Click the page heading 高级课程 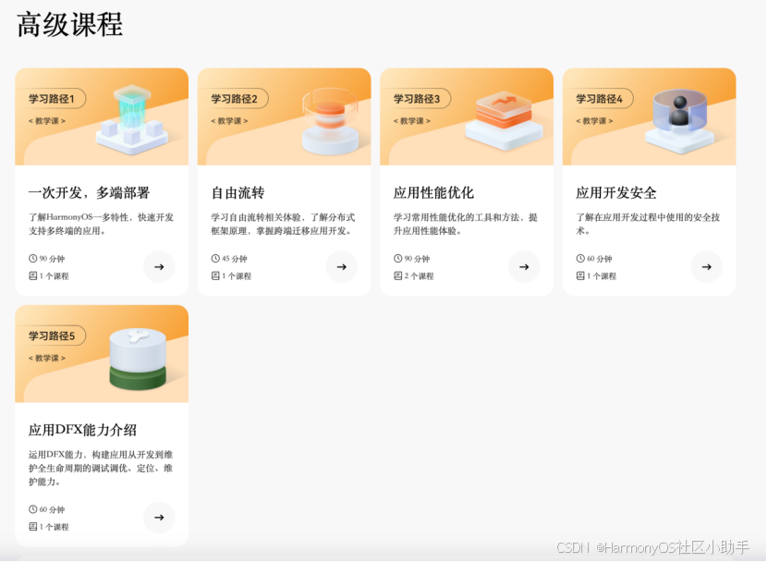pyautogui.click(x=69, y=24)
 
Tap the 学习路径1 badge pyautogui.click(x=52, y=99)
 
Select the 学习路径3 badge pyautogui.click(x=416, y=99)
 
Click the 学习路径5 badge pyautogui.click(x=52, y=336)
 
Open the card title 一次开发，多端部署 pyautogui.click(x=89, y=192)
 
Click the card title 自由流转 pyautogui.click(x=237, y=192)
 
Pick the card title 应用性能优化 pyautogui.click(x=433, y=192)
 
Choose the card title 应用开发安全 pyautogui.click(x=615, y=192)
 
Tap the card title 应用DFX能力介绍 pyautogui.click(x=82, y=430)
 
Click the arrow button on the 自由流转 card pyautogui.click(x=341, y=266)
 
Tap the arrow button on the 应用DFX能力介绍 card pyautogui.click(x=159, y=517)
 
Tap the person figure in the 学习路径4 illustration pyautogui.click(x=679, y=112)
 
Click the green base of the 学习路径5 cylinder pyautogui.click(x=138, y=378)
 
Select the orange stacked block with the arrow pyautogui.click(x=504, y=110)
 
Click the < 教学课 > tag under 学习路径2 pyautogui.click(x=229, y=121)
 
